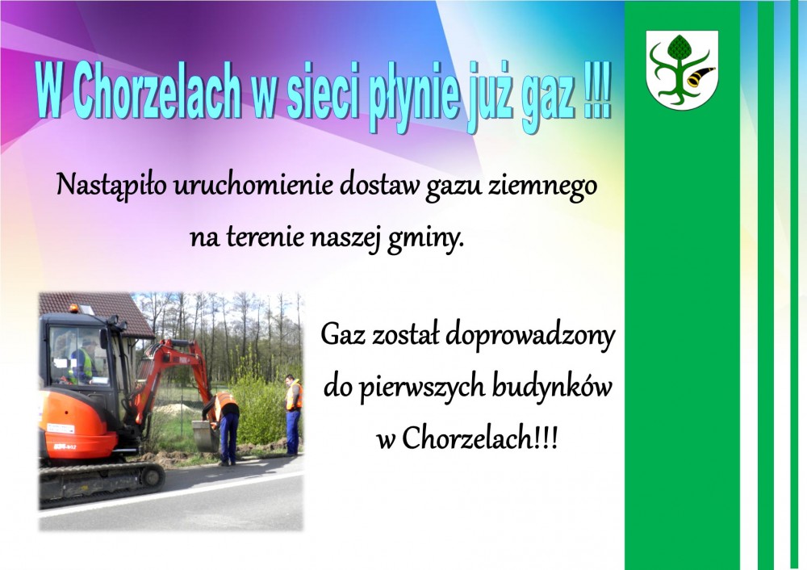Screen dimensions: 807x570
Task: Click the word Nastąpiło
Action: point(111,186)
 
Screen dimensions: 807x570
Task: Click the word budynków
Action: point(552,388)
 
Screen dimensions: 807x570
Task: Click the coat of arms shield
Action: point(682,69)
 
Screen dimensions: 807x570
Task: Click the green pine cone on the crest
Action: point(679,47)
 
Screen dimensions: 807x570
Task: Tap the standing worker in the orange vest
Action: point(293,414)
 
